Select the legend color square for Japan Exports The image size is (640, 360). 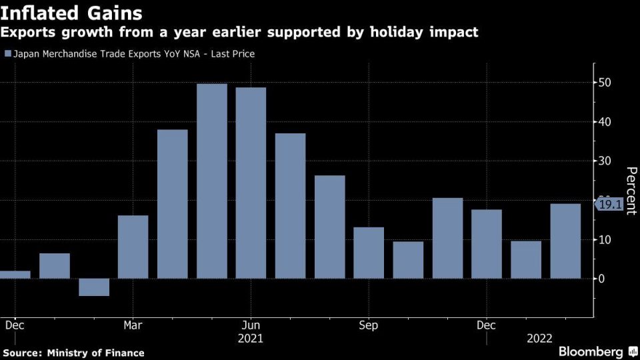click(7, 53)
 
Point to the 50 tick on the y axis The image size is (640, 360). click(605, 83)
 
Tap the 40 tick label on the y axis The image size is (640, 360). click(605, 122)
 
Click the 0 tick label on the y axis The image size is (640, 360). click(602, 279)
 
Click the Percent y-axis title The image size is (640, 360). click(630, 191)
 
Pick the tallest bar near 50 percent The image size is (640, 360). click(212, 181)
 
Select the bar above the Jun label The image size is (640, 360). click(251, 183)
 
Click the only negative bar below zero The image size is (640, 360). click(94, 287)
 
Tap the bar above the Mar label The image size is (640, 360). click(133, 247)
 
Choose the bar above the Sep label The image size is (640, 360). click(369, 253)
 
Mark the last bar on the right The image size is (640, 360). click(565, 241)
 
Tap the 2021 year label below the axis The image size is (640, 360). click(251, 338)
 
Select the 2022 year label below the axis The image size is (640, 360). click(539, 338)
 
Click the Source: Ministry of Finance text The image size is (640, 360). click(73, 352)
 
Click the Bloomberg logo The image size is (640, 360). click(591, 351)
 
